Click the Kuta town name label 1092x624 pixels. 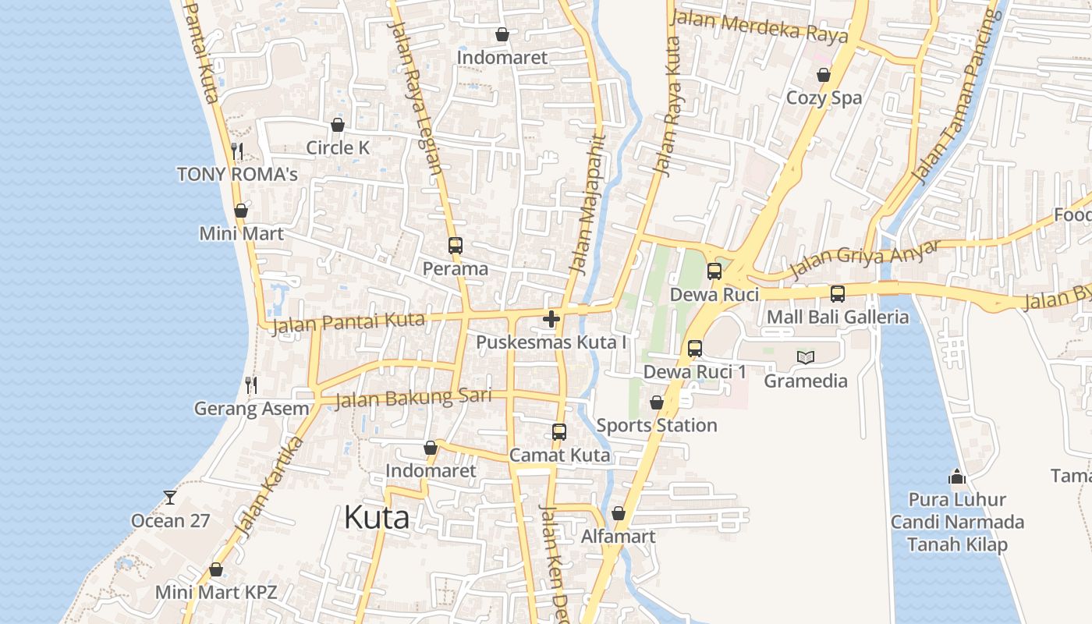point(377,517)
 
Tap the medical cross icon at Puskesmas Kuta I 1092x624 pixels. point(551,319)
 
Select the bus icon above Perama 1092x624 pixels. point(456,246)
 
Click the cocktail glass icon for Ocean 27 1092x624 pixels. point(170,497)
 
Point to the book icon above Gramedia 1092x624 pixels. point(806,357)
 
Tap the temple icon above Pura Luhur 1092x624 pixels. point(957,476)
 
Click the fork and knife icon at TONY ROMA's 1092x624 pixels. point(238,151)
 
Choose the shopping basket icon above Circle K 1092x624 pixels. point(338,125)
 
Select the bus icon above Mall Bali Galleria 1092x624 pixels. point(838,294)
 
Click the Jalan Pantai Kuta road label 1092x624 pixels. point(348,322)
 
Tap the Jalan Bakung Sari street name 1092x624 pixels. point(413,398)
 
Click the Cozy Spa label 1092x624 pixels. point(824,97)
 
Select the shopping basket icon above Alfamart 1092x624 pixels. point(619,513)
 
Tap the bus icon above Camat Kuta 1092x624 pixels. point(559,432)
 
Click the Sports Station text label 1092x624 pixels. point(657,425)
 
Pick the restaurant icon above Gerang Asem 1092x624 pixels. point(251,385)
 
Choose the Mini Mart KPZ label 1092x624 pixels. point(216,592)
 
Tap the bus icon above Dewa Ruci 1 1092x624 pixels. point(695,349)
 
